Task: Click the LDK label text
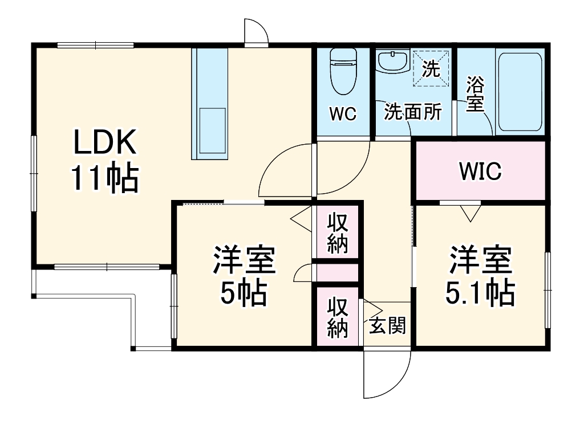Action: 105,142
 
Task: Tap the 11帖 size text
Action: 105,178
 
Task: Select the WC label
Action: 343,114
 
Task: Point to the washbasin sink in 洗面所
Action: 393,62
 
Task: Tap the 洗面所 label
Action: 412,112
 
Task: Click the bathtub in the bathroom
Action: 519,92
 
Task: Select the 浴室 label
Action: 474,94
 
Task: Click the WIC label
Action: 480,170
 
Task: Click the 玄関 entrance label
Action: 387,326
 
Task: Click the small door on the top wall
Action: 255,32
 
